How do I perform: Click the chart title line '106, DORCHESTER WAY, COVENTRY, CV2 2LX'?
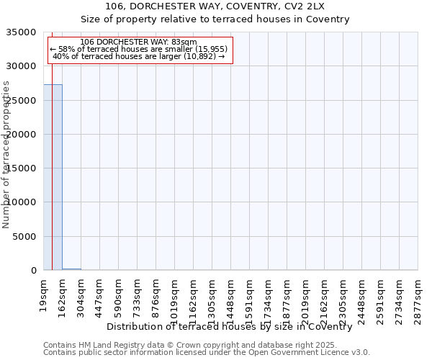(x=215, y=6)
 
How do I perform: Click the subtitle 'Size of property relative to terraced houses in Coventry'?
(x=215, y=19)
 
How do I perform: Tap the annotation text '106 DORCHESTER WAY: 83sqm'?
(x=139, y=42)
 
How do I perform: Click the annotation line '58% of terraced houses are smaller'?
(x=139, y=50)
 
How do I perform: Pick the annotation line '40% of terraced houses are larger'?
(x=139, y=57)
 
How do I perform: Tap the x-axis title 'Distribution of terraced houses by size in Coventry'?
(x=229, y=327)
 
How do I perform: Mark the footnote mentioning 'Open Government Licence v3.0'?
(x=207, y=353)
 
